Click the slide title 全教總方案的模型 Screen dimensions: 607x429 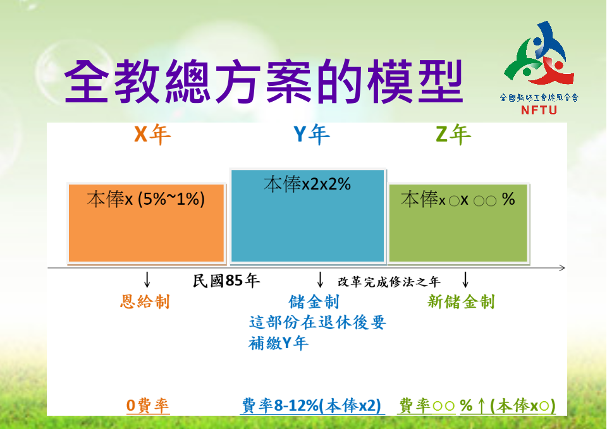coord(264,82)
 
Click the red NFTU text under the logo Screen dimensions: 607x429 coord(539,110)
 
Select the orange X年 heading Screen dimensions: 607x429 coord(152,135)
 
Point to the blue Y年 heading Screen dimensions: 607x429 coord(312,135)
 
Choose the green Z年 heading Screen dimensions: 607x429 coord(453,135)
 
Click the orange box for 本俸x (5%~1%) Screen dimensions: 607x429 coord(146,223)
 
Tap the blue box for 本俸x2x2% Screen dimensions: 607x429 coord(308,216)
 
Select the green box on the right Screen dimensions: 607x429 coord(458,223)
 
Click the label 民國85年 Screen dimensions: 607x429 coord(226,281)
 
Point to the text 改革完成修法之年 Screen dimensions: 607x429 coord(389,282)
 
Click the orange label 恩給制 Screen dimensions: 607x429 coord(145,302)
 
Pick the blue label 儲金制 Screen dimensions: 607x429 coord(314,302)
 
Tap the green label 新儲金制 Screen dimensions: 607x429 coord(461,302)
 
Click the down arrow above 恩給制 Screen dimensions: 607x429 coord(147,279)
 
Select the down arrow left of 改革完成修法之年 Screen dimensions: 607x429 coord(320,279)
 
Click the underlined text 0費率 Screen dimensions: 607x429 coord(148,406)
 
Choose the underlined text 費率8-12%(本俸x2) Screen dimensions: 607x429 coord(312,406)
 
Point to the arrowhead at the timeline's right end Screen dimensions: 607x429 coord(563,268)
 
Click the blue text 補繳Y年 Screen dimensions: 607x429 coord(278,342)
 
